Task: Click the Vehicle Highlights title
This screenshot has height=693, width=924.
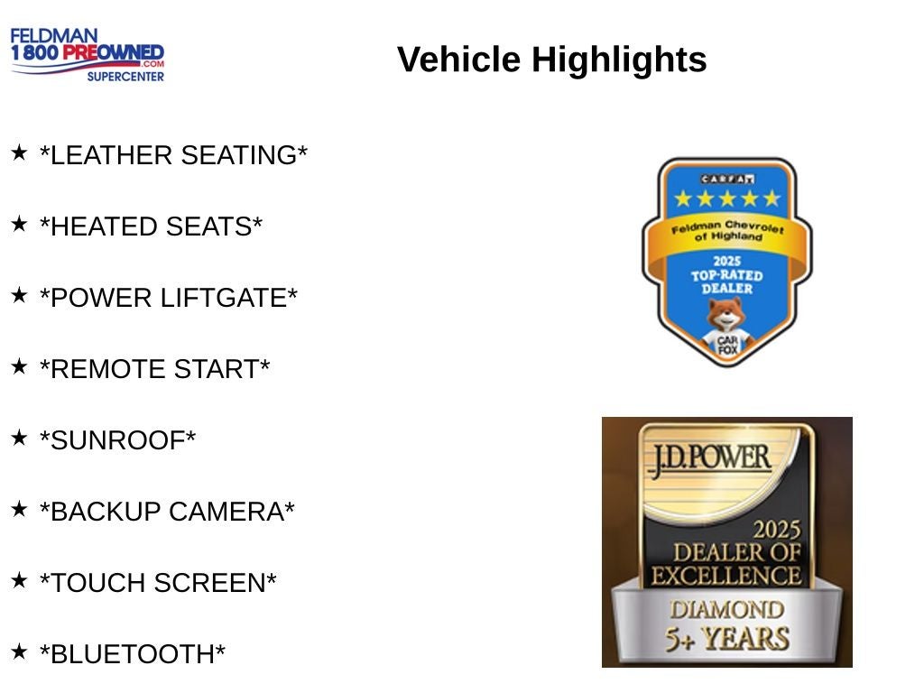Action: point(551,60)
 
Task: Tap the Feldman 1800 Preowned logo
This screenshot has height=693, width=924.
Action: point(88,55)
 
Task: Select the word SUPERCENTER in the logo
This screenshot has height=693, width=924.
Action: point(125,77)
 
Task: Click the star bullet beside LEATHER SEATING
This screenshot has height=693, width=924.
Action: point(19,152)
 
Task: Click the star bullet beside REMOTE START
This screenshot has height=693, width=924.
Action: point(19,366)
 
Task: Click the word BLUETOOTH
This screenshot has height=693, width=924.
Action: point(133,655)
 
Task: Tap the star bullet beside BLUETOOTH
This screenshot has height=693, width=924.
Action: point(19,651)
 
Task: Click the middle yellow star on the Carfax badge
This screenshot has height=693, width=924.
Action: point(727,199)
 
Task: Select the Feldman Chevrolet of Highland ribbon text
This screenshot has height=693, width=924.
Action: point(727,231)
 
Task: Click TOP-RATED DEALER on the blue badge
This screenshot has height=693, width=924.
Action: point(727,282)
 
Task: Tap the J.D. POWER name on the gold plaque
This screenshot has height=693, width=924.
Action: point(709,459)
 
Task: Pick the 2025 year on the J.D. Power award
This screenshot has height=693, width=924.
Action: point(777,530)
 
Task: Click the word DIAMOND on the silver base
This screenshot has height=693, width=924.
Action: point(727,610)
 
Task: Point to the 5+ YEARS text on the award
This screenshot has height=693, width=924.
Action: point(727,640)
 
